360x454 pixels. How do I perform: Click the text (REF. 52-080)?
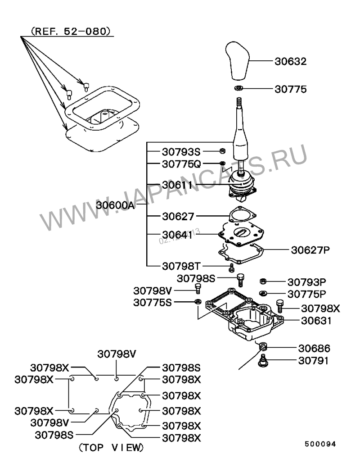coord(70,32)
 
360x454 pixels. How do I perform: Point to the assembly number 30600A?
coord(115,205)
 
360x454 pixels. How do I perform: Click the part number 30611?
coord(177,185)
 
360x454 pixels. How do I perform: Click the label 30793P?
coord(307,282)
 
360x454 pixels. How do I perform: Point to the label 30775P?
coord(307,294)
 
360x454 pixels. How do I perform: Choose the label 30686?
coord(314,348)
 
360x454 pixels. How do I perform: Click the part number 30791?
coord(314,360)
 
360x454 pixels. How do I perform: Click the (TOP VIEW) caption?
coord(111,447)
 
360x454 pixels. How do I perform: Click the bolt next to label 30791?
coord(264,361)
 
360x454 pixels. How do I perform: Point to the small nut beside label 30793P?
coord(263,281)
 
